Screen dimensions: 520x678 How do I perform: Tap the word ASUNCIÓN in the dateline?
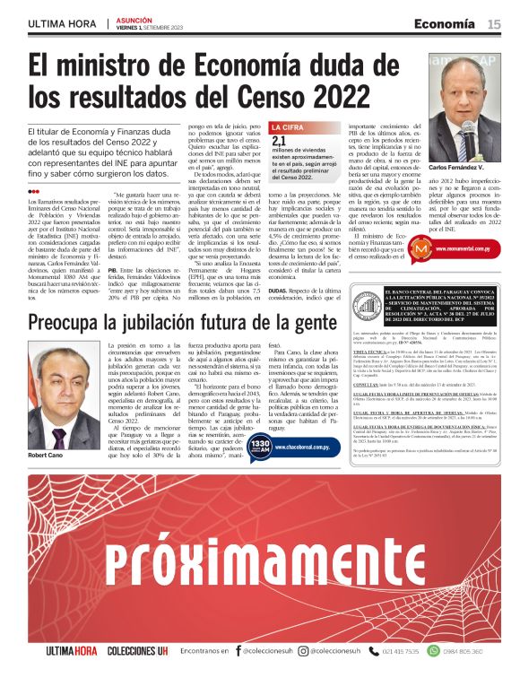tap(134, 18)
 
